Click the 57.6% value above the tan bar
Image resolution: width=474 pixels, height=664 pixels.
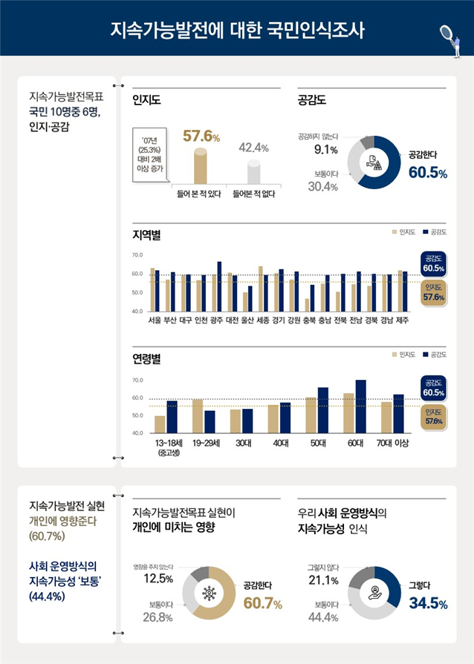[x=201, y=137]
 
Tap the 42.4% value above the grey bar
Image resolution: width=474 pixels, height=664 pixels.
[x=253, y=148]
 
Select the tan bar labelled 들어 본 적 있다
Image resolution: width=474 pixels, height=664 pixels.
[x=200, y=166]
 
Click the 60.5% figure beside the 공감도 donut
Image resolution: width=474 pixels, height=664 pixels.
[x=427, y=173]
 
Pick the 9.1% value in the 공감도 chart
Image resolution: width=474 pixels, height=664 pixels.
[x=326, y=150]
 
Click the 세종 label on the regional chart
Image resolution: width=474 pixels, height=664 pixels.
[x=262, y=321]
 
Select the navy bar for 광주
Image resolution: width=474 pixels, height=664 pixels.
[x=219, y=286]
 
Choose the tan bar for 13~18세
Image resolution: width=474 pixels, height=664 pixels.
[x=160, y=424]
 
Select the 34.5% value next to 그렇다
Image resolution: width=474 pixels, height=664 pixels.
[x=428, y=604]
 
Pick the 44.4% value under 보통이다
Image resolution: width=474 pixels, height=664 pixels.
[x=326, y=617]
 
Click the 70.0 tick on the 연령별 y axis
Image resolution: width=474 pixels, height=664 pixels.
[x=137, y=381]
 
